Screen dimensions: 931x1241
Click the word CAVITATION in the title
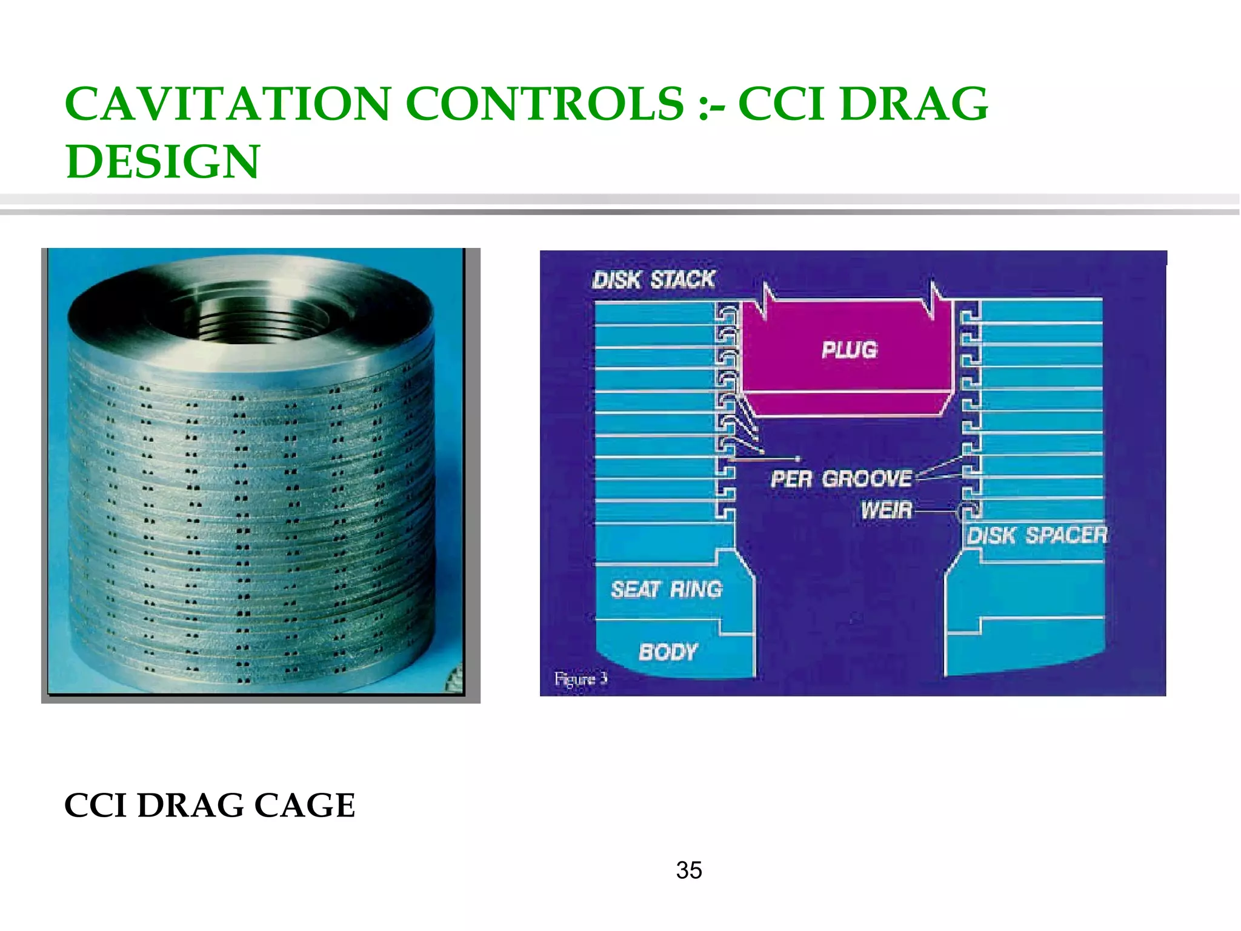[x=227, y=104]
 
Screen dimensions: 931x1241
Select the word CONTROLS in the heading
[x=544, y=104]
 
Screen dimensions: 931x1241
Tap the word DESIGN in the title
[x=162, y=162]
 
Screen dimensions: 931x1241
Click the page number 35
[x=689, y=870]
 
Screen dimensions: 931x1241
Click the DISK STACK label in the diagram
[x=653, y=279]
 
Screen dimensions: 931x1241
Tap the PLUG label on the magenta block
[x=849, y=350]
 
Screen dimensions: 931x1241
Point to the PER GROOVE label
[x=840, y=479]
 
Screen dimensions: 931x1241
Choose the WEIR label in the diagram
[x=886, y=510]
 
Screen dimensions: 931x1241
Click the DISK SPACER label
[x=1036, y=535]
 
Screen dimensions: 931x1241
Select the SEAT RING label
[x=667, y=589]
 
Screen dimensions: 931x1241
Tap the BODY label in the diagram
[x=668, y=652]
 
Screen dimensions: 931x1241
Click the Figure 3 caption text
[x=580, y=678]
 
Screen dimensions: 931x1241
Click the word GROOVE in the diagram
[x=867, y=479]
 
